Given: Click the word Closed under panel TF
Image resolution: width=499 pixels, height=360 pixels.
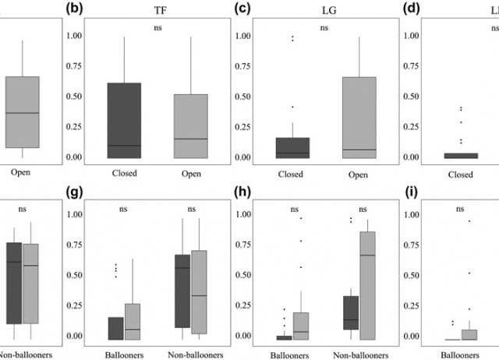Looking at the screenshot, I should pyautogui.click(x=124, y=173).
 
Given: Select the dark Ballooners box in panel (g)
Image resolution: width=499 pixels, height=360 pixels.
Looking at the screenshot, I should pyautogui.click(x=115, y=328).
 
